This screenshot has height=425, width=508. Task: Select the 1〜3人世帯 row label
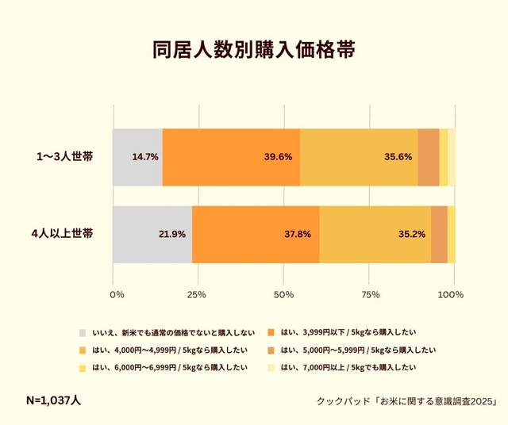click(x=64, y=157)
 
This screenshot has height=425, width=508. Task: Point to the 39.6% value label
click(x=278, y=157)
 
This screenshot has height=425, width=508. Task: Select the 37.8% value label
click(x=298, y=234)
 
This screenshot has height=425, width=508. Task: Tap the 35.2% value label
click(x=412, y=234)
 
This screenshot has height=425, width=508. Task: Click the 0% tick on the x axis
click(x=117, y=295)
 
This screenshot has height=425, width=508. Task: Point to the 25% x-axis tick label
click(x=196, y=295)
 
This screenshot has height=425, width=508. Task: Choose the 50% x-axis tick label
click(x=283, y=295)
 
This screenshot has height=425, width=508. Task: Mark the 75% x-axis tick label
click(x=368, y=295)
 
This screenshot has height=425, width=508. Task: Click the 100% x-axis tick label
click(x=451, y=295)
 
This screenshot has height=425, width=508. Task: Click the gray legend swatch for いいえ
click(x=83, y=332)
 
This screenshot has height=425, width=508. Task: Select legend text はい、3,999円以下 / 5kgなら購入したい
click(x=348, y=332)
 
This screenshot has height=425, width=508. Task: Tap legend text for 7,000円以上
click(x=348, y=367)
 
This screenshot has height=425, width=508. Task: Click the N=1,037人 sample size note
click(x=53, y=400)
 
